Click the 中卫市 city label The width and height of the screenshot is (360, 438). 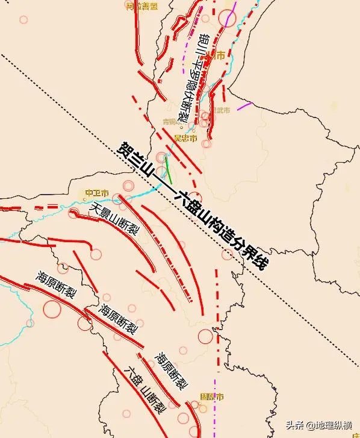[x=96, y=193]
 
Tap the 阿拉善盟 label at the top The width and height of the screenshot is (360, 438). [x=142, y=6]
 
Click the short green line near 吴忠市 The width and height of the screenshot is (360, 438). [x=169, y=168]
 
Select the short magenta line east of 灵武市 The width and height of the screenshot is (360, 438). [x=244, y=106]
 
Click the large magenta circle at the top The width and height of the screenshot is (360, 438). [x=226, y=18]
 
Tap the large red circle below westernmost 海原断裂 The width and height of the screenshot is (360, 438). [x=52, y=309]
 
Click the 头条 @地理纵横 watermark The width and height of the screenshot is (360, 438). [x=318, y=425]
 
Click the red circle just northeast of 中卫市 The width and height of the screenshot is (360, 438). [x=128, y=186]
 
